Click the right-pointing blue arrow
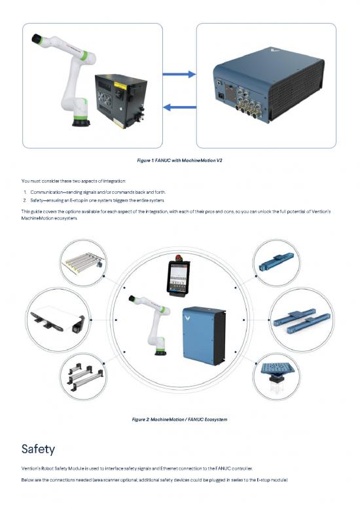pos(179,74)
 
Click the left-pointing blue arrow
pos(179,107)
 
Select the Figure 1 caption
pos(180,160)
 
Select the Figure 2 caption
pos(180,419)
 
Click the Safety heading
pos(38,449)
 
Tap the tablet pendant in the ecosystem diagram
pos(178,278)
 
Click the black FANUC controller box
pos(121,101)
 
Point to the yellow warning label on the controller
pos(120,86)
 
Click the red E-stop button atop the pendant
pos(179,258)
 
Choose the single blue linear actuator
pos(276,263)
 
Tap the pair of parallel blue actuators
pos(302,320)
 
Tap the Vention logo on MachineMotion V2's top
pos(275,50)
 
